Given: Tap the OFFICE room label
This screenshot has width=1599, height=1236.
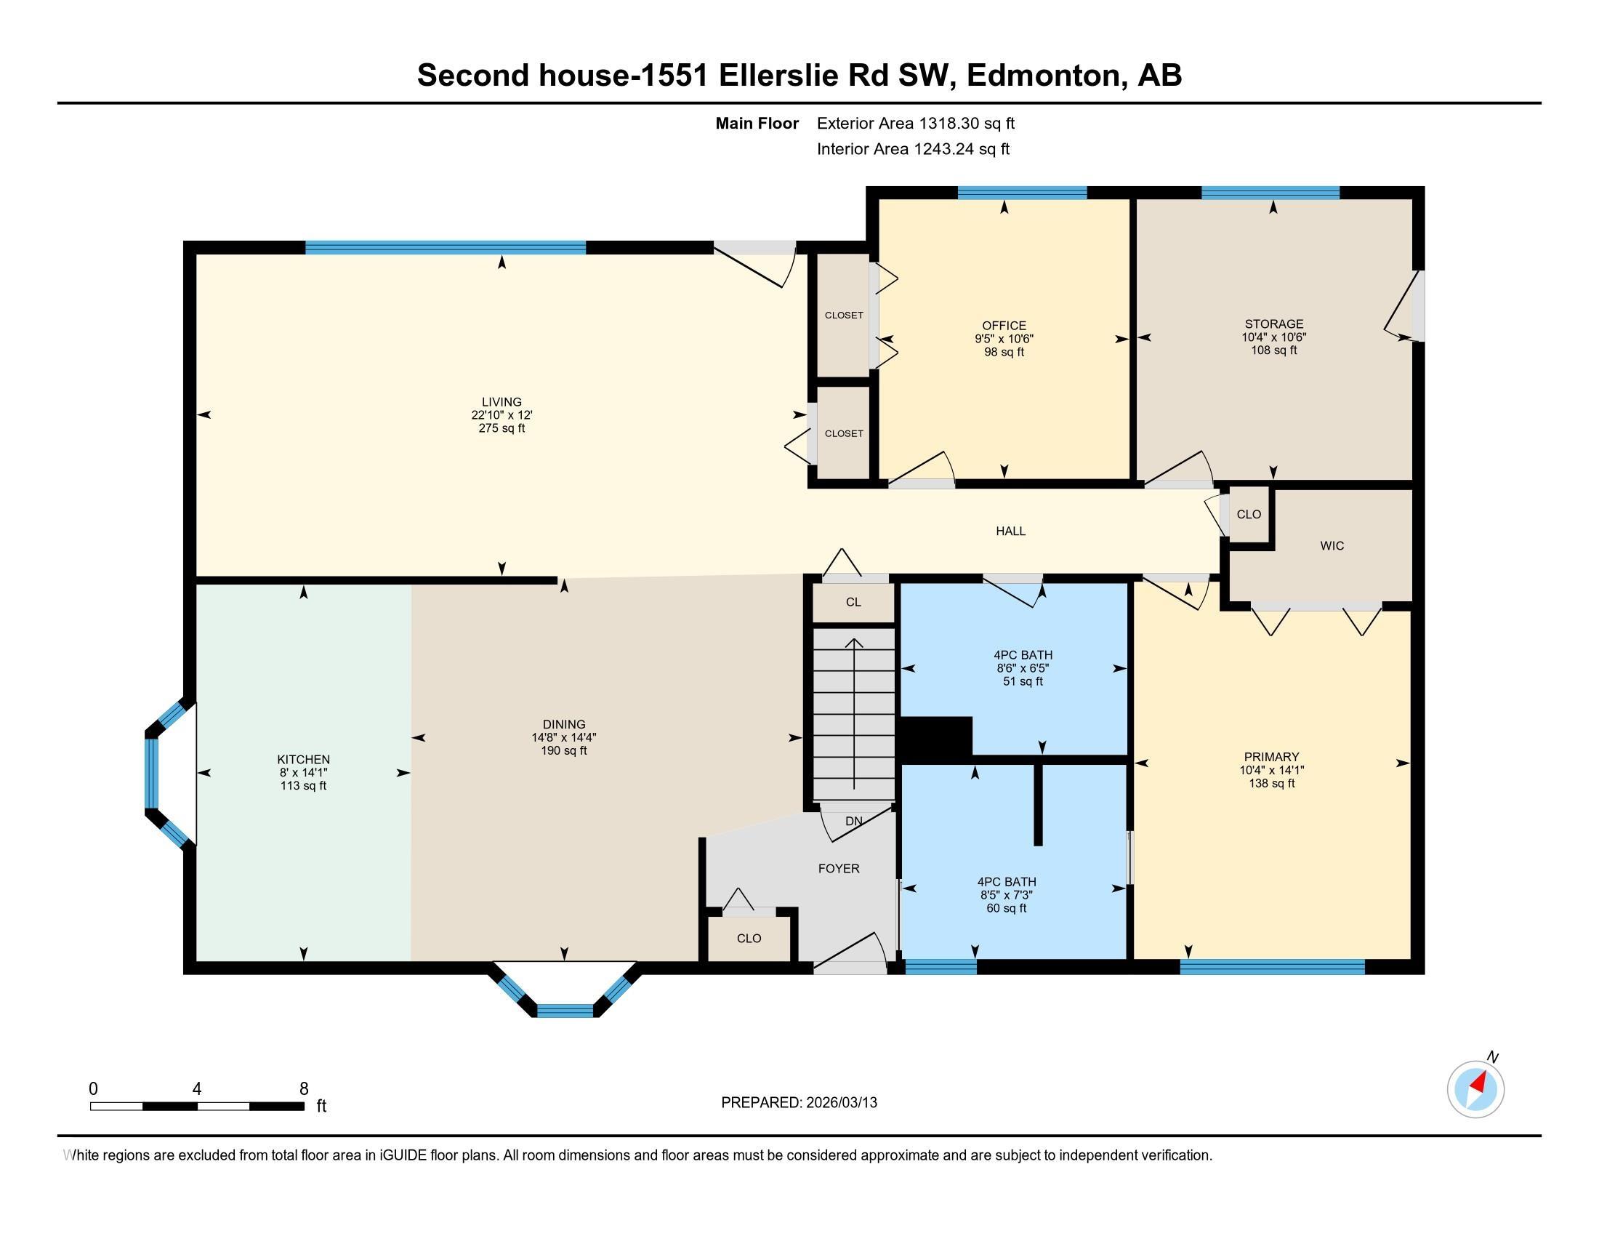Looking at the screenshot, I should [1004, 326].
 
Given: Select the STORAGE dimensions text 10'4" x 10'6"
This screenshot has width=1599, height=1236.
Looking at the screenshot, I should [1273, 337].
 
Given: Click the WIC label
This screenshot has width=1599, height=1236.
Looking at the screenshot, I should [1332, 546].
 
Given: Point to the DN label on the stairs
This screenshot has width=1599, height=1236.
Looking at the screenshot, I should [854, 822].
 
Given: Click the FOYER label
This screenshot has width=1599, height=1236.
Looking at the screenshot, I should [838, 868].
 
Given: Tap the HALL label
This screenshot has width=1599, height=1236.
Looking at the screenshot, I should [1010, 531].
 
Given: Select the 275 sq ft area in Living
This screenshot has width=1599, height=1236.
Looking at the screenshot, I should [502, 428].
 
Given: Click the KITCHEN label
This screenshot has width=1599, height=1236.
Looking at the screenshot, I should [303, 760].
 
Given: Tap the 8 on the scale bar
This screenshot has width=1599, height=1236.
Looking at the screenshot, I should [304, 1089].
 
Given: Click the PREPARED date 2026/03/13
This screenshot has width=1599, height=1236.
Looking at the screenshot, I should [840, 1103].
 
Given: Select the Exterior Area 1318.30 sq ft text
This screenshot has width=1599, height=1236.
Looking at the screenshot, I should [915, 124].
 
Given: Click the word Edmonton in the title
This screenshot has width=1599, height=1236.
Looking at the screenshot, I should [1046, 76].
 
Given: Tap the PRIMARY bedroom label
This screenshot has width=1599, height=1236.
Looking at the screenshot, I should [1271, 757].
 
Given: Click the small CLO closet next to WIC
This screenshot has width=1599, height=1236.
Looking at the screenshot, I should [1248, 515].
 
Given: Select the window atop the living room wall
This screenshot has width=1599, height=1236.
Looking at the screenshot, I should [445, 247].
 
